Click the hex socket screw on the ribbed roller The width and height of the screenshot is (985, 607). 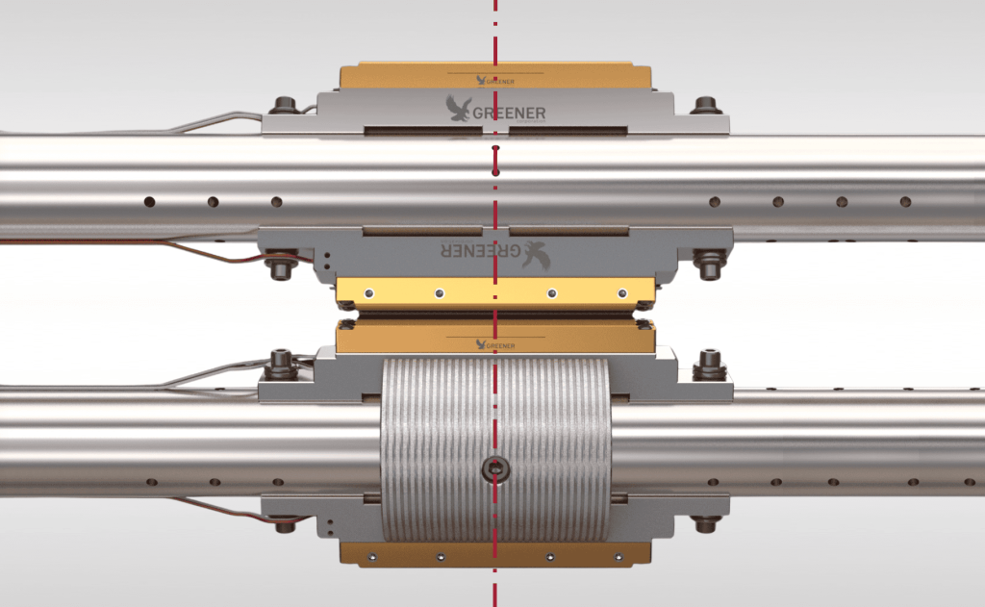(x=495, y=469)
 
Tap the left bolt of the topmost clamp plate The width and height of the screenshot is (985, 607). (x=283, y=105)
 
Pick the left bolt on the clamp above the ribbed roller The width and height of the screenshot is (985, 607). (x=283, y=364)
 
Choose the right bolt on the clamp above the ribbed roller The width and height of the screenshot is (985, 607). (x=710, y=363)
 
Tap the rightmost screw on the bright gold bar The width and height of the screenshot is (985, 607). (x=622, y=292)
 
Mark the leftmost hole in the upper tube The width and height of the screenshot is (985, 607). (x=149, y=202)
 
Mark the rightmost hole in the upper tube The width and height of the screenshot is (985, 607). (x=905, y=202)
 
